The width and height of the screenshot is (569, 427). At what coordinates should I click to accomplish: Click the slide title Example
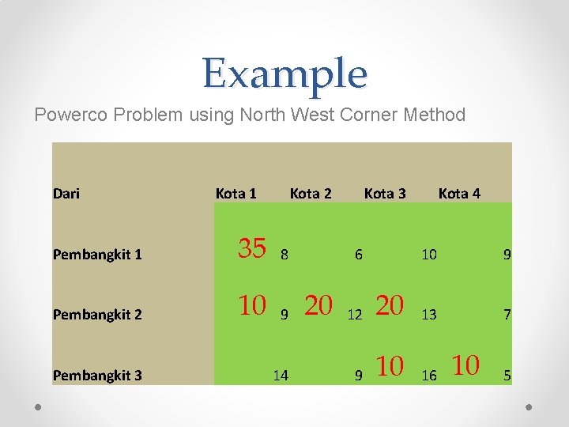pyautogui.click(x=284, y=74)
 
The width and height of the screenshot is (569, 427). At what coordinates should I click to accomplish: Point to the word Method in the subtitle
pyautogui.click(x=435, y=115)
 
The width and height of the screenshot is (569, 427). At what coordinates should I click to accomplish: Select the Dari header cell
pyautogui.click(x=66, y=193)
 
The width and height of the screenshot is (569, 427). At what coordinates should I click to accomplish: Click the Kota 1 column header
pyautogui.click(x=236, y=193)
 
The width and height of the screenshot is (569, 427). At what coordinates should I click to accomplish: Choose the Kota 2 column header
pyautogui.click(x=311, y=193)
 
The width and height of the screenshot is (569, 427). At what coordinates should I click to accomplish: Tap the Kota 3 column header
pyautogui.click(x=385, y=193)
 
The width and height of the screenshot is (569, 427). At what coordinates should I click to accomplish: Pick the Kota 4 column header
pyautogui.click(x=459, y=193)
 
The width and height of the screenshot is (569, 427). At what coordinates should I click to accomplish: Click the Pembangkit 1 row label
pyautogui.click(x=97, y=254)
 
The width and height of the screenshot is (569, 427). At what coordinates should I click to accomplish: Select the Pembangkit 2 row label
pyautogui.click(x=97, y=315)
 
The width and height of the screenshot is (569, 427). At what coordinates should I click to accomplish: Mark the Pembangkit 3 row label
pyautogui.click(x=97, y=375)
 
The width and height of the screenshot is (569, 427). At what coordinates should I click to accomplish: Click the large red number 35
pyautogui.click(x=252, y=248)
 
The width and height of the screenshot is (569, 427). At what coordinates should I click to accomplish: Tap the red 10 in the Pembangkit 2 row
pyautogui.click(x=252, y=305)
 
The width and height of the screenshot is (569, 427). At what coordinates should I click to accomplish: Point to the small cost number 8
pyautogui.click(x=284, y=255)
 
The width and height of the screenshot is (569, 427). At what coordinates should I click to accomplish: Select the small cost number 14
pyautogui.click(x=281, y=376)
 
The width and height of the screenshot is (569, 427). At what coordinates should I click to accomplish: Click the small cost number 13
pyautogui.click(x=429, y=315)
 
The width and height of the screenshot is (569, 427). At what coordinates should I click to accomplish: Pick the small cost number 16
pyautogui.click(x=429, y=376)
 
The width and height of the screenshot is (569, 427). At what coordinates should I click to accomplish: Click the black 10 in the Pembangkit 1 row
pyautogui.click(x=429, y=255)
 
